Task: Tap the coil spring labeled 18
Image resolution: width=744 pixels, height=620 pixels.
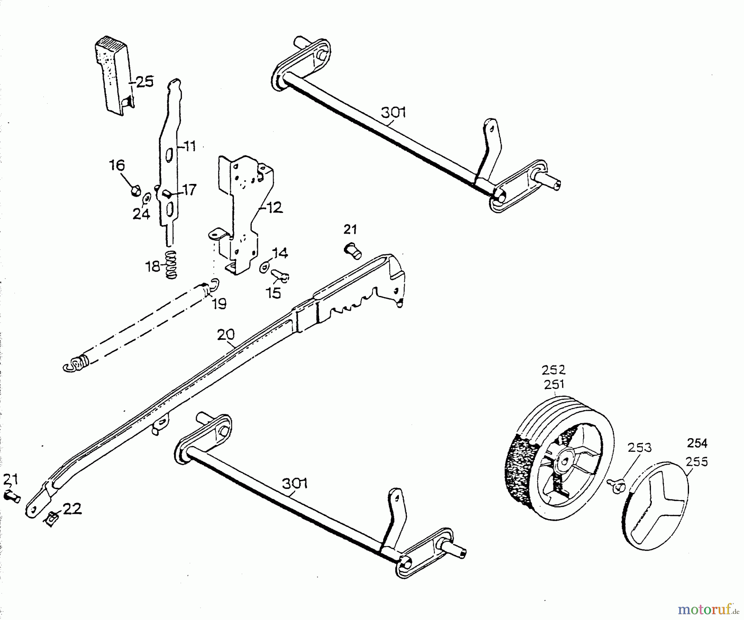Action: coord(171,265)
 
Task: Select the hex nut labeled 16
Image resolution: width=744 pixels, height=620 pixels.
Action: coord(134,191)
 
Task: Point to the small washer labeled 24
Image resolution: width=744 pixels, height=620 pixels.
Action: coord(146,199)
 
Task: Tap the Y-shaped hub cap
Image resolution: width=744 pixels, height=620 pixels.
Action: coord(656,505)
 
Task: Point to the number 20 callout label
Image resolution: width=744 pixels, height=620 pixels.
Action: coord(226,334)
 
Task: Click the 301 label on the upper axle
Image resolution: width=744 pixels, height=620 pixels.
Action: coord(393,113)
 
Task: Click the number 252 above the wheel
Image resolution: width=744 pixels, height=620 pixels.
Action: coord(553,370)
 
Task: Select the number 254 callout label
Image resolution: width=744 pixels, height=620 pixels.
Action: coord(697,443)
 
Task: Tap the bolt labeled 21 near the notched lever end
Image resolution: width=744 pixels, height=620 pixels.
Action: coord(352,250)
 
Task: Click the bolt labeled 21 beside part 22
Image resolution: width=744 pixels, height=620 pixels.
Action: coord(12,496)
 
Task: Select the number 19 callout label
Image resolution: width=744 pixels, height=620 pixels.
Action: coord(219,304)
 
